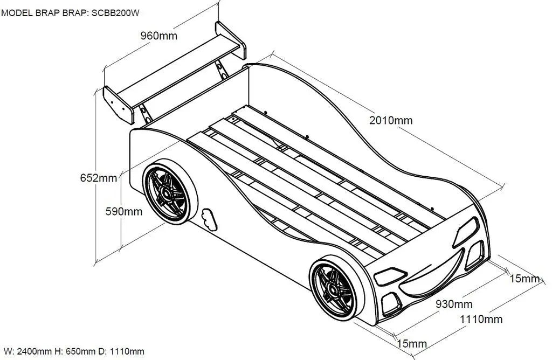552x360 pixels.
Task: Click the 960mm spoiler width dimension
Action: (x=158, y=36)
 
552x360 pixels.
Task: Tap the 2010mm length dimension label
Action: (x=391, y=120)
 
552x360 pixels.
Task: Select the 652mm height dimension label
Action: (x=99, y=178)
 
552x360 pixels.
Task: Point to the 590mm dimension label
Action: (x=124, y=211)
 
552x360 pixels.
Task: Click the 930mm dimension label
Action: (x=454, y=304)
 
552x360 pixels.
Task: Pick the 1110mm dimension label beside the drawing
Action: (x=481, y=319)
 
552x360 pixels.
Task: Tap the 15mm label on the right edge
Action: (x=525, y=279)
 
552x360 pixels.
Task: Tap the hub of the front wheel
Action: (x=333, y=288)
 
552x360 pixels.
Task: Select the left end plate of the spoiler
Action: (x=119, y=105)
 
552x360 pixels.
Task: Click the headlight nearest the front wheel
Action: (x=388, y=275)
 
